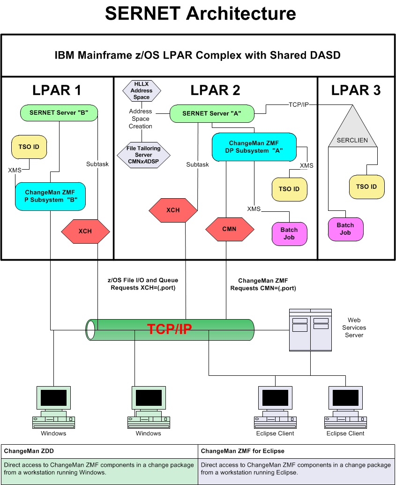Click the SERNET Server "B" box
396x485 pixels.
(59, 112)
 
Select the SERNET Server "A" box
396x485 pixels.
(212, 113)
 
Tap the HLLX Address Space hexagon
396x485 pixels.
(142, 90)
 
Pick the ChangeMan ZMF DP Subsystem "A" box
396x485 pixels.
(254, 146)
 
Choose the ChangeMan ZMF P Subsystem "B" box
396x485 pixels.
(50, 196)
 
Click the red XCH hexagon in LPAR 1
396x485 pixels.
(85, 231)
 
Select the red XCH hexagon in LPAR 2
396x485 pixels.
(173, 210)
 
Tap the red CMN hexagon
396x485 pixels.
(230, 229)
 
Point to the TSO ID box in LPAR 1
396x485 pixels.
(29, 147)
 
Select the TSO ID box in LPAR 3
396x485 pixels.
(366, 187)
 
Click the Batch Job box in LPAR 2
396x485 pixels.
(289, 233)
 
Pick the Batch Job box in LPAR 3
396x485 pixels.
(345, 229)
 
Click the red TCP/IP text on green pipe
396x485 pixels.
(170, 329)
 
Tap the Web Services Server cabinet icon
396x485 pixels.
(310, 330)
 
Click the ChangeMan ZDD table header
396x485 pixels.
(99, 451)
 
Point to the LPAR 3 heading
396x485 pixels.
(356, 90)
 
